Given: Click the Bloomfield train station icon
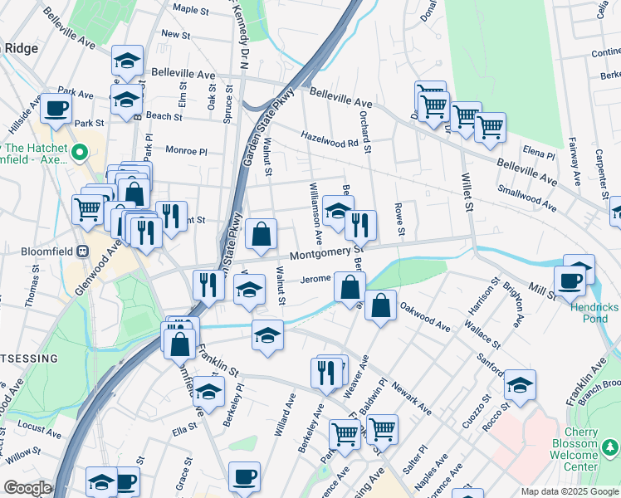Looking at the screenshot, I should click(x=82, y=251).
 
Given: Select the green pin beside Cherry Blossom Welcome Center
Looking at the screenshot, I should click(x=611, y=449).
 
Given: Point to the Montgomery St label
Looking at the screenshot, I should click(x=327, y=252).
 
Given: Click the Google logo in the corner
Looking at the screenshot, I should click(x=27, y=488).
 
